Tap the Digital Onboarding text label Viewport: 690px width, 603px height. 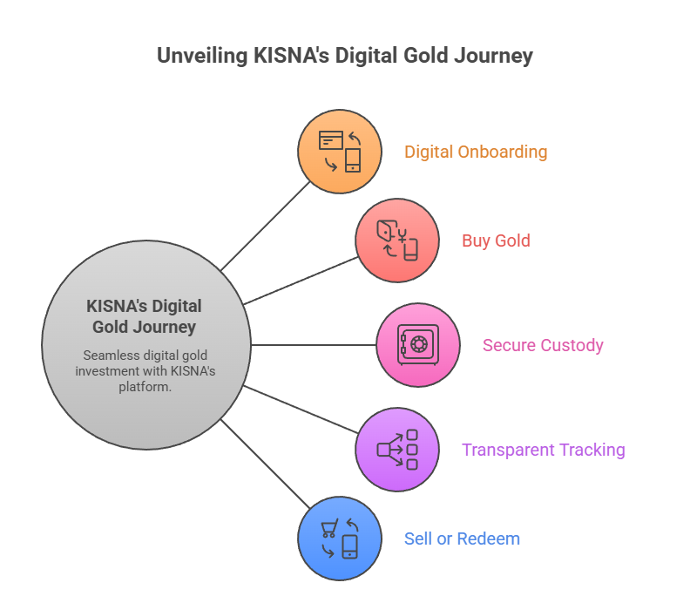[476, 152]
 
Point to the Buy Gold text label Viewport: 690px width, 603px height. [496, 241]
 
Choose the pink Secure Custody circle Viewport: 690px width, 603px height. [417, 345]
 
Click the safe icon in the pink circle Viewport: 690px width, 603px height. [417, 345]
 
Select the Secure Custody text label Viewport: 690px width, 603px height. [543, 345]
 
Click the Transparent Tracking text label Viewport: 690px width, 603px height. [543, 451]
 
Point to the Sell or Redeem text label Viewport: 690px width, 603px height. [462, 539]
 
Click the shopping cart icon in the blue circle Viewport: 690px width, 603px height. [330, 528]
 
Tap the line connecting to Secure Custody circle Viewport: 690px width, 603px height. [314, 345]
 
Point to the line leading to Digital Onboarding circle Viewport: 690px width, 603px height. [266, 226]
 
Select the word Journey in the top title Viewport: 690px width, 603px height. [490, 57]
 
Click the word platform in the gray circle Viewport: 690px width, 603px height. [144, 386]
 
